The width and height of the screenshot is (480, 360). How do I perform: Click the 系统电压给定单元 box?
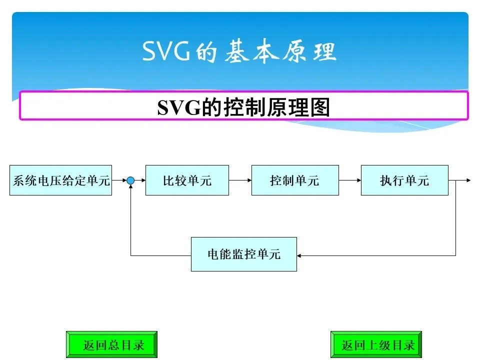tap(60, 180)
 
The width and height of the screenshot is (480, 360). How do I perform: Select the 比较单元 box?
tap(187, 180)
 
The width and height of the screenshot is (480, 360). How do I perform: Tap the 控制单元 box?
tap(294, 180)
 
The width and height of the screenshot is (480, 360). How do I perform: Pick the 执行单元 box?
tap(404, 180)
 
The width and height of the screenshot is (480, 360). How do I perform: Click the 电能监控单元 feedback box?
tap(244, 254)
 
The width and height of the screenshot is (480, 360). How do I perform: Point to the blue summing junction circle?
tap(130, 180)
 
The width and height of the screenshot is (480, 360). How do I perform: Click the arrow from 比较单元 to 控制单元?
tap(240, 180)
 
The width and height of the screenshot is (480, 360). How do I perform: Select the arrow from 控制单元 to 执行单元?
tap(349, 180)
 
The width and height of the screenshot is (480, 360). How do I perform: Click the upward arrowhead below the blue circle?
tap(130, 187)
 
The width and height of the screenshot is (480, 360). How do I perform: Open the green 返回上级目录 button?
tap(376, 344)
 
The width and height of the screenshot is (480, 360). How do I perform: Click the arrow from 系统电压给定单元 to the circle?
tap(119, 180)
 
